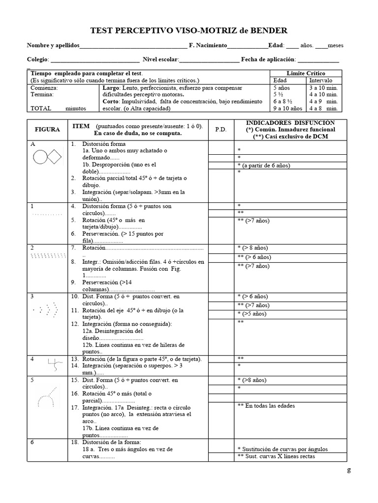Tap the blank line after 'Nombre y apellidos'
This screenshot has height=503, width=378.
coord(133,46)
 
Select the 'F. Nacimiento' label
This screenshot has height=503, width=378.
coord(208,45)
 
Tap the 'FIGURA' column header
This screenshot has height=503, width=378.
coord(47,130)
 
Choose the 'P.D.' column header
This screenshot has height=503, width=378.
coord(220,130)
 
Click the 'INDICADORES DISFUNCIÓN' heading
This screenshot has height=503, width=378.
coord(290,122)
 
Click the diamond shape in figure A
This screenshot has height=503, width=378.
coord(55,157)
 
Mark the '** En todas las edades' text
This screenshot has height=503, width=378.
coord(266,406)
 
